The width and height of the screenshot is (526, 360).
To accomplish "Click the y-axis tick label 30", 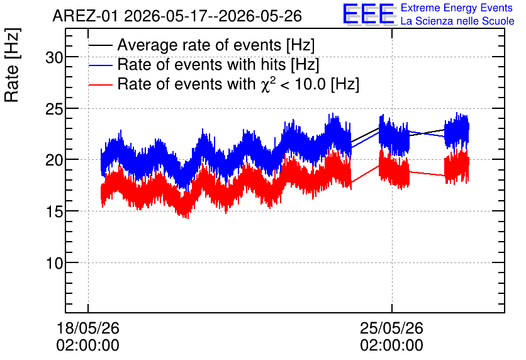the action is (54, 58).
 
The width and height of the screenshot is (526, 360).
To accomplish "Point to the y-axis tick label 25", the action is (54, 110).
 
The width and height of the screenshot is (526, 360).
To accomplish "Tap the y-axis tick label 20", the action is (54, 160).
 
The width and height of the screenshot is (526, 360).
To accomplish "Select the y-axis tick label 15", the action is (54, 212).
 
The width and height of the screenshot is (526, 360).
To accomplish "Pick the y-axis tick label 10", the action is (54, 263).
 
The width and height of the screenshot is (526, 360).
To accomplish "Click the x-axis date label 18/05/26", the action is (88, 328).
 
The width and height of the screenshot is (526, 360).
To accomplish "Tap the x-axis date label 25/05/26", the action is (391, 328).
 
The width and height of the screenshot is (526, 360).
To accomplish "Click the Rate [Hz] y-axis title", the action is (12, 65).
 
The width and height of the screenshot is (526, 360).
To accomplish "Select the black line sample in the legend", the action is (101, 45).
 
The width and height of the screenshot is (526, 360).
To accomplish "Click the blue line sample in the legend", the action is (101, 65).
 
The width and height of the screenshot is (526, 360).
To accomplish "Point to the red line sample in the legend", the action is (101, 85).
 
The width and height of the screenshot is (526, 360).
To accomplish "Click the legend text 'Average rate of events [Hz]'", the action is (216, 45).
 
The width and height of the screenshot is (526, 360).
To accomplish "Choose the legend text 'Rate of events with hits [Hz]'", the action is (218, 65).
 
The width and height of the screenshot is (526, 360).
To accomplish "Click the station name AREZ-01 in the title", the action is (85, 16).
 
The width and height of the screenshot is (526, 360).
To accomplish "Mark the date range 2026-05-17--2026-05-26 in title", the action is (213, 16).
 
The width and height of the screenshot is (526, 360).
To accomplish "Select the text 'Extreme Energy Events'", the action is (457, 8).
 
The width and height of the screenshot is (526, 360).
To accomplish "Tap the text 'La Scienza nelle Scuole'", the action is (457, 21).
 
